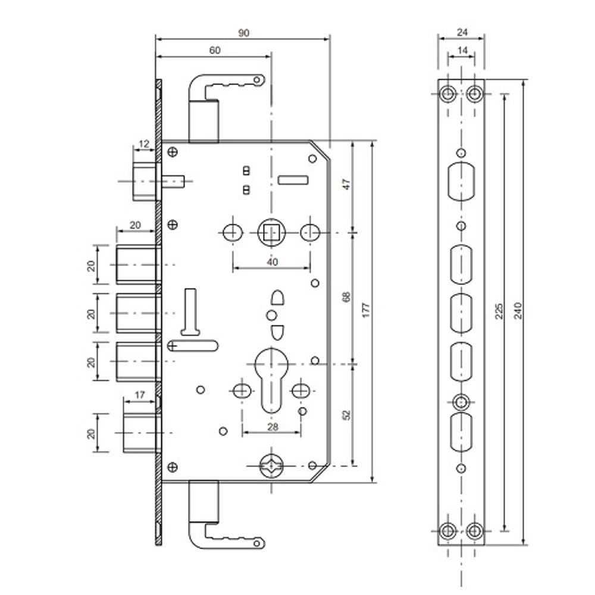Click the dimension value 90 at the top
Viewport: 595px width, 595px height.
[x=243, y=33]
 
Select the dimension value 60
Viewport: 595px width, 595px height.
[x=215, y=51]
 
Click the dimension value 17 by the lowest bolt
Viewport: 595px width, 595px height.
[x=140, y=394]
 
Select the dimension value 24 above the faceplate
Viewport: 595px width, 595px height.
[x=461, y=33]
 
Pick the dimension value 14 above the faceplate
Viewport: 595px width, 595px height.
[x=461, y=51]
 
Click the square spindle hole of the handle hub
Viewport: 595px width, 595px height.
[x=272, y=231]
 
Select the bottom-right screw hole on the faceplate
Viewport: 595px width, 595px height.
[x=475, y=529]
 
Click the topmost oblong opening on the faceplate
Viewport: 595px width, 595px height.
[x=461, y=182]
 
